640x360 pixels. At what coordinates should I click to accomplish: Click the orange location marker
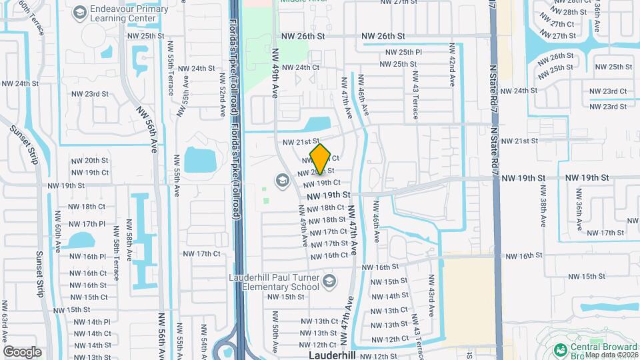click(x=321, y=159)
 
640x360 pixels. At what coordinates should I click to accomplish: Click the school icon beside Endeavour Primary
click(x=80, y=13)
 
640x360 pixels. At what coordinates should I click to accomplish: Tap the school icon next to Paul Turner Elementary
click(x=328, y=282)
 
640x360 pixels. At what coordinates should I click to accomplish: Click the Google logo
click(x=22, y=351)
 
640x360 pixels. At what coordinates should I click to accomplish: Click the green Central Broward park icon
click(x=560, y=349)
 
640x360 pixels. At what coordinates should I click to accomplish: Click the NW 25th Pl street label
click(x=401, y=52)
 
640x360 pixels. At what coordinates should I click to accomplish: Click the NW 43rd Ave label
click(x=431, y=295)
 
